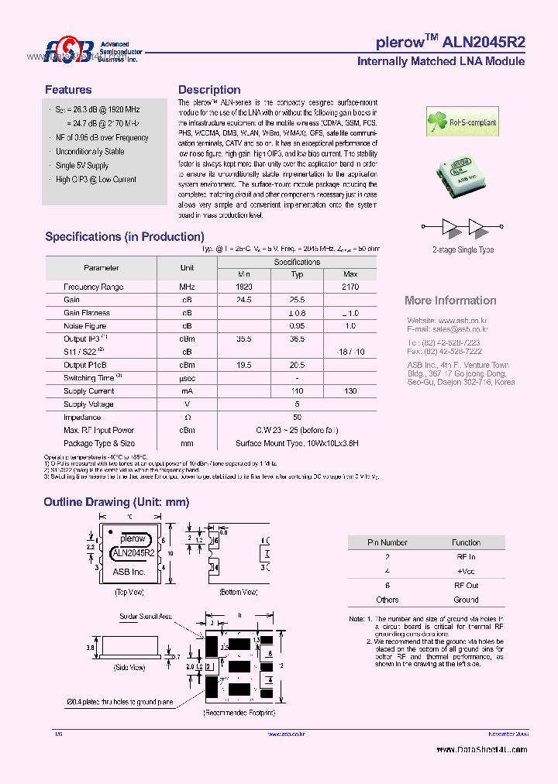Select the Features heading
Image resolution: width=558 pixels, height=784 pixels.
pyautogui.click(x=68, y=90)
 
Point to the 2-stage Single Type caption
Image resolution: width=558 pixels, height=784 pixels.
pyautogui.click(x=463, y=250)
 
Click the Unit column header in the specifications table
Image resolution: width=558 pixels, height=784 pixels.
pyautogui.click(x=187, y=267)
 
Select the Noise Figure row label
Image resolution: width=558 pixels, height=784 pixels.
pyautogui.click(x=85, y=326)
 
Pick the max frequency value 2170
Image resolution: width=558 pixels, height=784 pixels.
pyautogui.click(x=350, y=287)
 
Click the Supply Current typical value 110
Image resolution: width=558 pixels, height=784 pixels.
pyautogui.click(x=297, y=391)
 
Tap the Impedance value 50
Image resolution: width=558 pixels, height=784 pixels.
pyautogui.click(x=297, y=418)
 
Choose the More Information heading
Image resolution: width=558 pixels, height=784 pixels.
pyautogui.click(x=450, y=301)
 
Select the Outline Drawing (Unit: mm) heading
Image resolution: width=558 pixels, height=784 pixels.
pyautogui.click(x=116, y=503)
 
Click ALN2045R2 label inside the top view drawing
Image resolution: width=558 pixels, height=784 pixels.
pyautogui.click(x=133, y=553)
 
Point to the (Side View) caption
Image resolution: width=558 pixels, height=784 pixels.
pyautogui.click(x=129, y=667)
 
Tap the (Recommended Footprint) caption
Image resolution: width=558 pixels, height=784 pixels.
pyautogui.click(x=239, y=712)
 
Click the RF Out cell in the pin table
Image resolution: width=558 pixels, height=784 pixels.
pyautogui.click(x=467, y=586)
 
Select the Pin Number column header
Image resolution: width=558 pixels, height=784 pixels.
pyautogui.click(x=387, y=543)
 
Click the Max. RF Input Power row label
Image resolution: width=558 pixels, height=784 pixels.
pyautogui.click(x=98, y=431)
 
